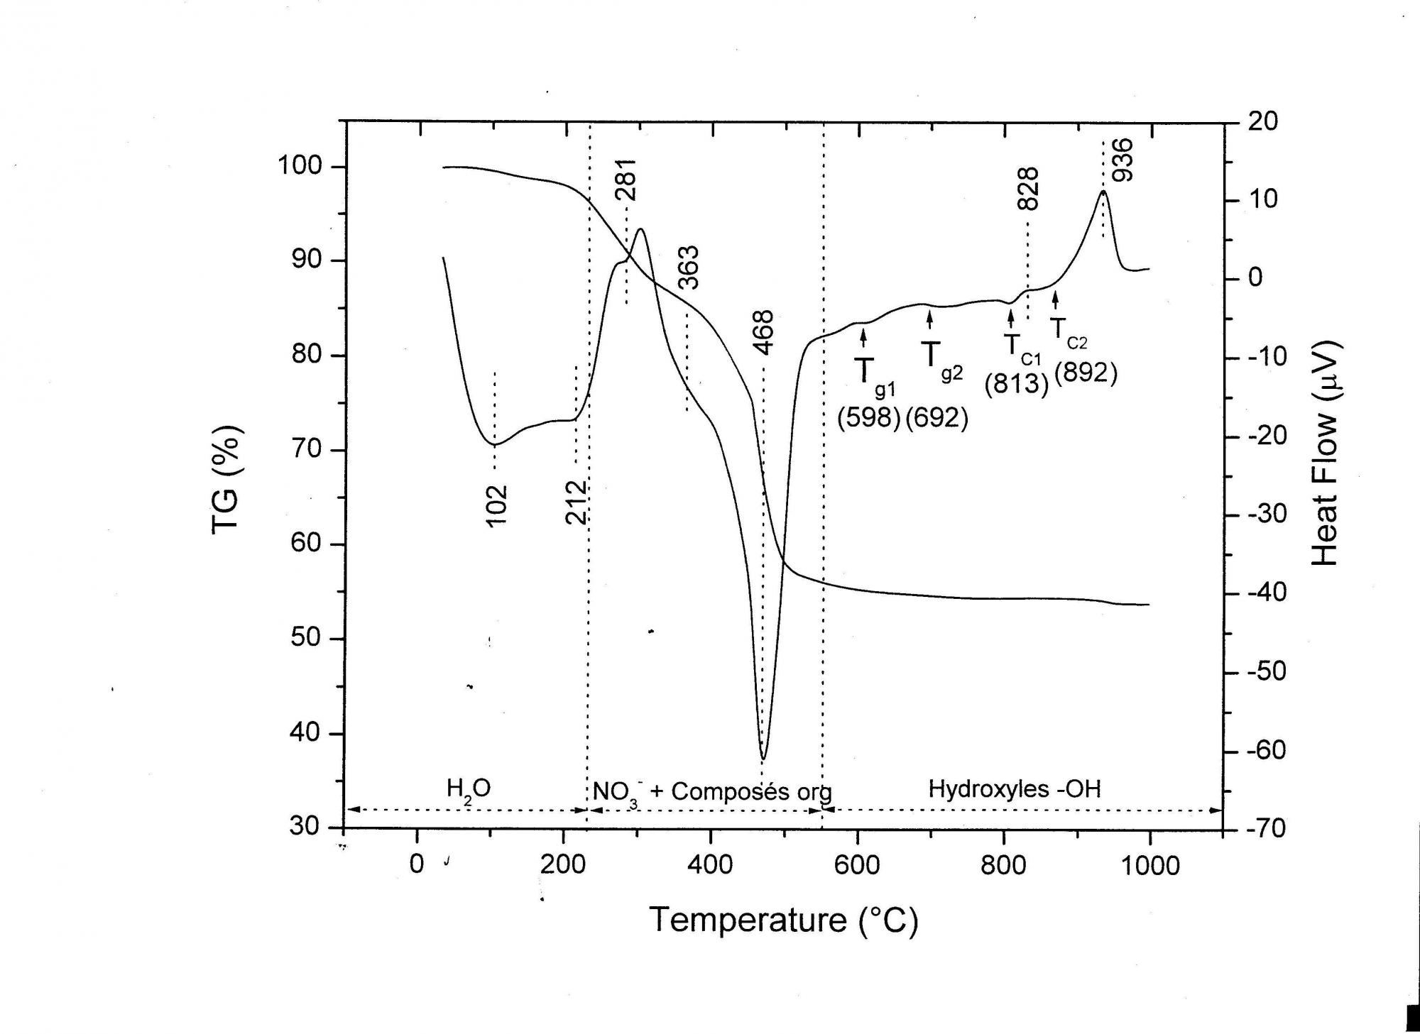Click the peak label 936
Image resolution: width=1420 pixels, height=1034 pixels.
tap(1123, 160)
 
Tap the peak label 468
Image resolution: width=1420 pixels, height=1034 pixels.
tap(764, 331)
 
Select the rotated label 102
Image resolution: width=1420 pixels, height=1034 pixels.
tap(497, 505)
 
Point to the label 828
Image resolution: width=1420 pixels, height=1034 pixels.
tap(1028, 189)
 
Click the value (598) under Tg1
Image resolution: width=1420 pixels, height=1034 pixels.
tap(868, 417)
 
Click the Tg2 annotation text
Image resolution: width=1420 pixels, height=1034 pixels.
tap(939, 358)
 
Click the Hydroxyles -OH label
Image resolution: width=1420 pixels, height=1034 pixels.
tap(1015, 788)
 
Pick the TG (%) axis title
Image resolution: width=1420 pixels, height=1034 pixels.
tap(227, 480)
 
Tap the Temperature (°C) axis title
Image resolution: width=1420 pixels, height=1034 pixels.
tap(783, 920)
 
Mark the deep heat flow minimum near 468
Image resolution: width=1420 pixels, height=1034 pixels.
tap(763, 758)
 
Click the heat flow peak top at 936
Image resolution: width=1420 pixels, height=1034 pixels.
tap(1103, 192)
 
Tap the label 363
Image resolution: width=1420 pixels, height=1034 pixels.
tap(689, 267)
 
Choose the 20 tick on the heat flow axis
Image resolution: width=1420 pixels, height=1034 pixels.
tap(1262, 121)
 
